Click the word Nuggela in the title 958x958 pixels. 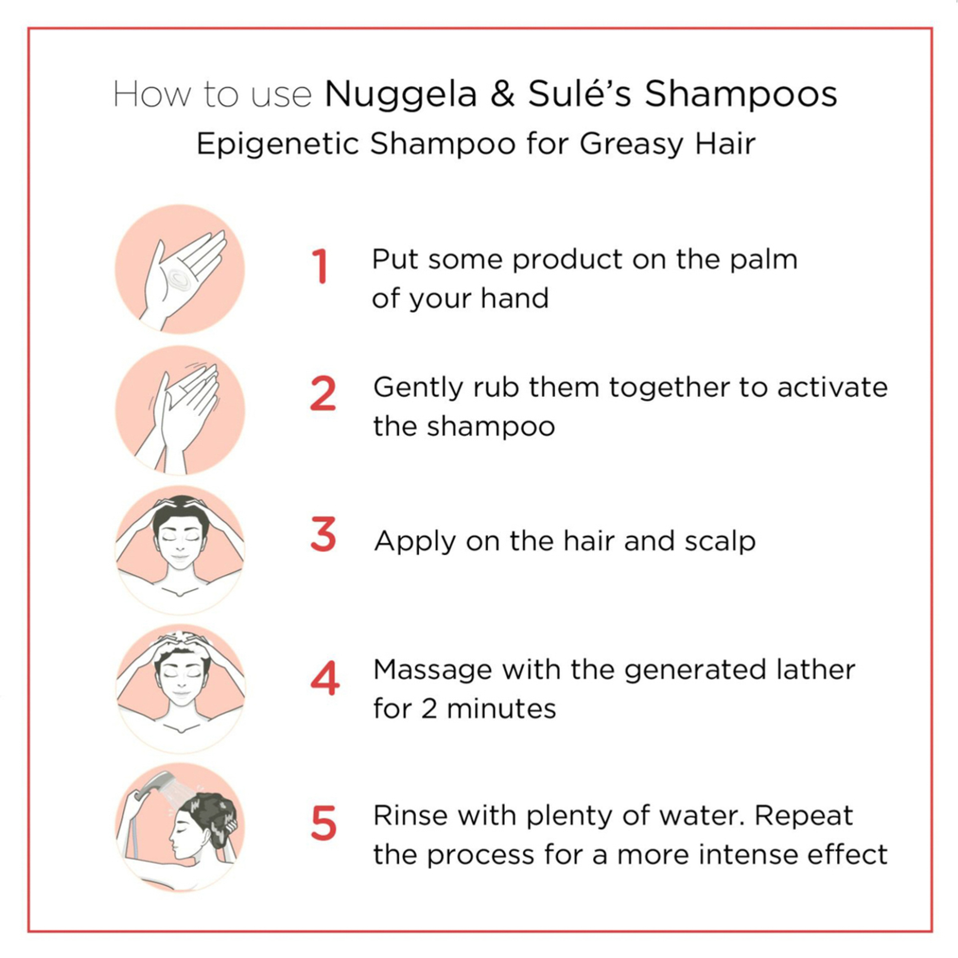tap(401, 94)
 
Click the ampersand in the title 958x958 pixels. tap(502, 94)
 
